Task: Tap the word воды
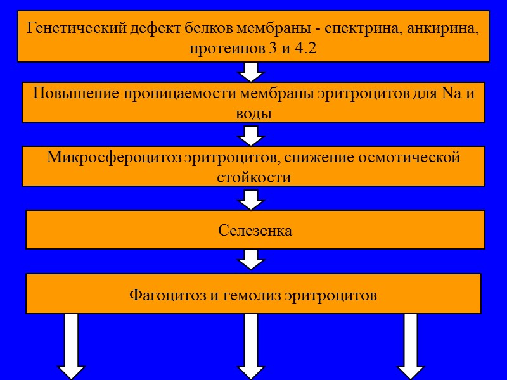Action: (x=253, y=114)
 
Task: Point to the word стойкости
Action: (x=253, y=177)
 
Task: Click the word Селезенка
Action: (x=255, y=230)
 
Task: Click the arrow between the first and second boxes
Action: (x=250, y=72)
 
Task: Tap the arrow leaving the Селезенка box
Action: (x=251, y=260)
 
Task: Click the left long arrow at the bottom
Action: (x=72, y=345)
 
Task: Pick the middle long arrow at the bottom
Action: (x=251, y=345)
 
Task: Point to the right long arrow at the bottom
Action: (x=411, y=345)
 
